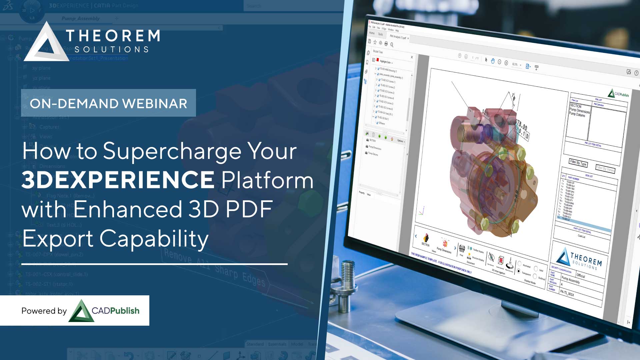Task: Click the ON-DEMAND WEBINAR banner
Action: [x=108, y=103]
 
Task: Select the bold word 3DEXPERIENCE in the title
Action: [x=118, y=179]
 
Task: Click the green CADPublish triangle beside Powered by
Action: [x=81, y=311]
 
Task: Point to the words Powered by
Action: [x=44, y=311]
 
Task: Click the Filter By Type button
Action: [x=578, y=163]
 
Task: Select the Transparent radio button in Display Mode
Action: [x=519, y=271]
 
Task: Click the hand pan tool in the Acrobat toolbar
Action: [x=493, y=61]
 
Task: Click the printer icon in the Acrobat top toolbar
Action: [x=386, y=44]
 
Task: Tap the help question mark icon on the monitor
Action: [x=636, y=73]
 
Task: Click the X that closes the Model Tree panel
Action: [x=412, y=57]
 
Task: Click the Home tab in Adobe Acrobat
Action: [x=372, y=33]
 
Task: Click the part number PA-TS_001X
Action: [x=567, y=293]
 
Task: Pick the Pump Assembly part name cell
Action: [x=570, y=279]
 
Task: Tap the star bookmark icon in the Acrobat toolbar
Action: [x=375, y=42]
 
